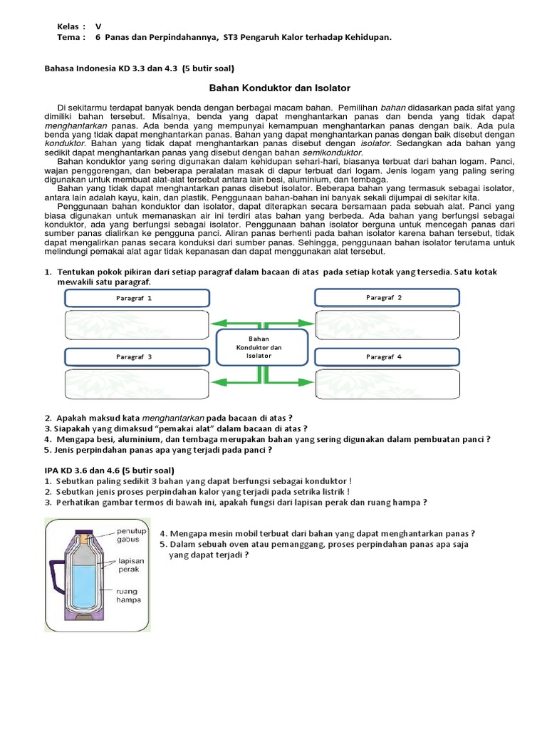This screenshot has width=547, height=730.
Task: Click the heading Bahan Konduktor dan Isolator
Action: pos(279,88)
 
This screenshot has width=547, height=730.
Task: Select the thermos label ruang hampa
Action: pos(128,595)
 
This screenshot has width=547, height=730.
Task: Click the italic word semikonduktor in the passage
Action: pos(333,153)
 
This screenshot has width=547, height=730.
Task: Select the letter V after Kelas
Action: pos(98,26)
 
